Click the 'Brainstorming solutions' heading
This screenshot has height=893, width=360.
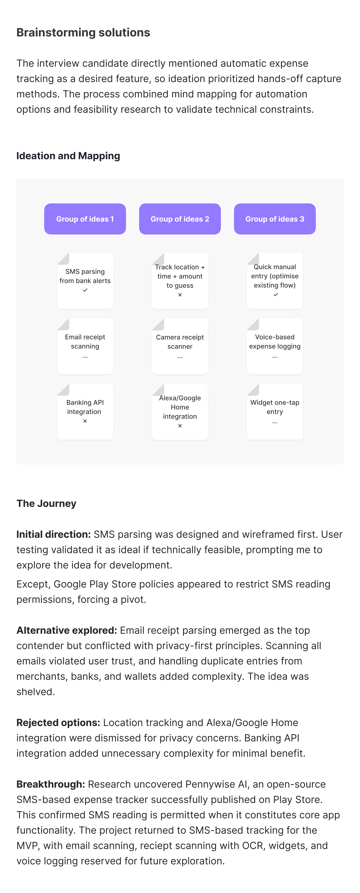click(83, 33)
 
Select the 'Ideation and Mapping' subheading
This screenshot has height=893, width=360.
click(68, 156)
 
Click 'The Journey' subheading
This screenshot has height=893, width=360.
click(46, 503)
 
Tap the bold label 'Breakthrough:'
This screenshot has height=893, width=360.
click(51, 784)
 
